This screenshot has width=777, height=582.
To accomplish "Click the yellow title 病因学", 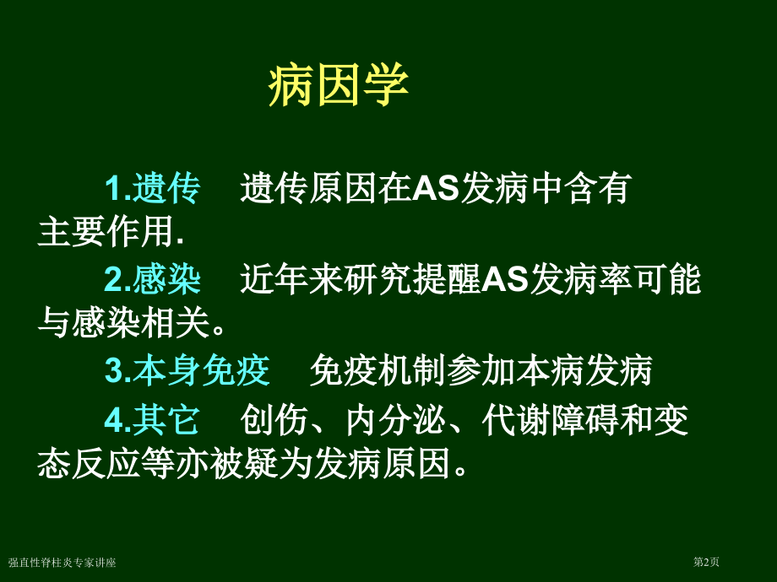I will tap(339, 85).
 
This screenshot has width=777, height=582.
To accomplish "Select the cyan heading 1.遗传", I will tap(153, 189).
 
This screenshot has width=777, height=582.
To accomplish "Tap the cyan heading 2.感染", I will tap(153, 280).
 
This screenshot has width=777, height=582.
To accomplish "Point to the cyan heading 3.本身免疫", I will tap(187, 371).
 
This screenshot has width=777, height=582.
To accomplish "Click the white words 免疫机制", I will tap(378, 371).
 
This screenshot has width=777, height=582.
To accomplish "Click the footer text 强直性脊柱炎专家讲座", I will tap(62, 563).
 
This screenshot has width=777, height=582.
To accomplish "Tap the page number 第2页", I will tap(707, 563).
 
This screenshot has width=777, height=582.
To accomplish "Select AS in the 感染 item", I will tap(506, 280).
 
